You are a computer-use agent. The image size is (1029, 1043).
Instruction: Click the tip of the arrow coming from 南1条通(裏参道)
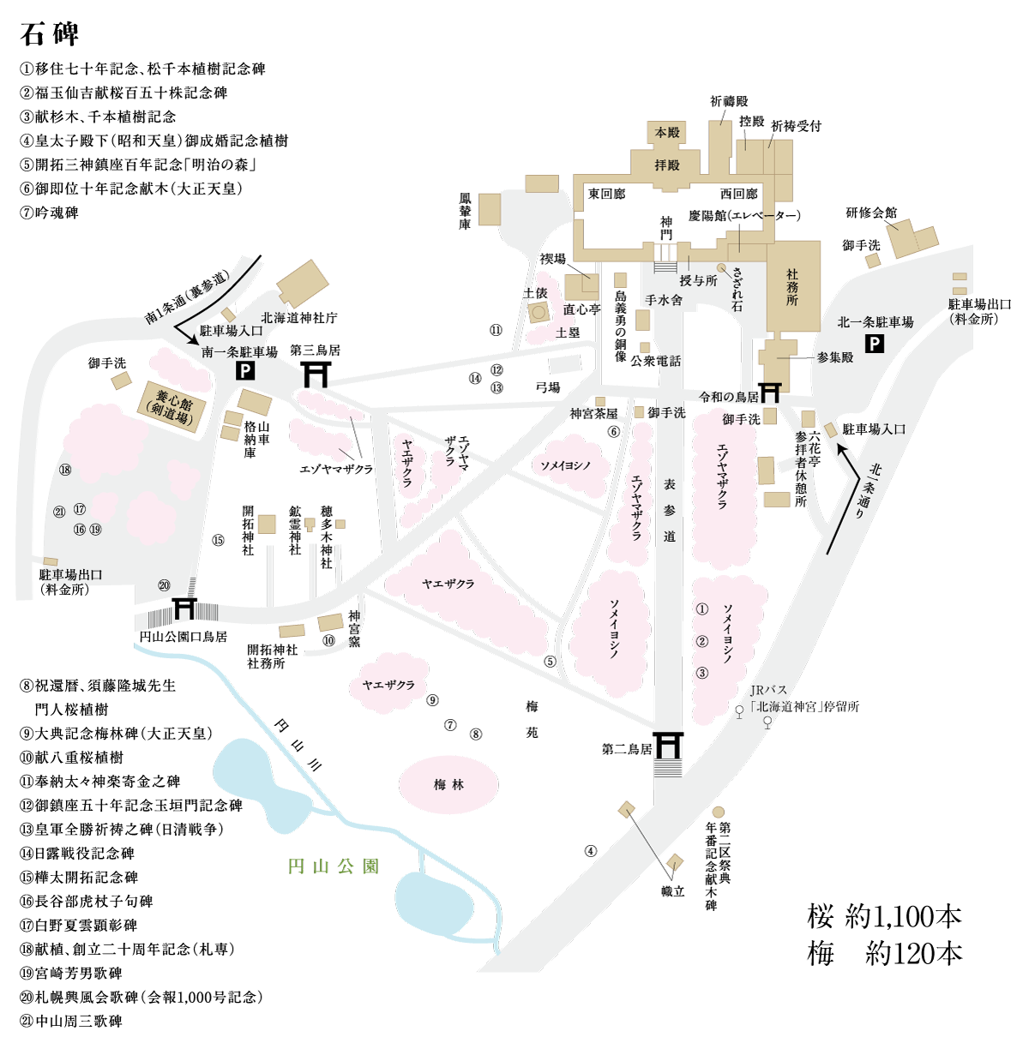[198, 345]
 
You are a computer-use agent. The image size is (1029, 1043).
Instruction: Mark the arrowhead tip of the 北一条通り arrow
[839, 444]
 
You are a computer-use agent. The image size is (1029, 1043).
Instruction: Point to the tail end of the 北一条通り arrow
[827, 554]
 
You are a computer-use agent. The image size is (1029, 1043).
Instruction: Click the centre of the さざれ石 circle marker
[721, 268]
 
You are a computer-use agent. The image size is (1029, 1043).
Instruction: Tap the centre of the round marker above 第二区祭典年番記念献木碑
[718, 812]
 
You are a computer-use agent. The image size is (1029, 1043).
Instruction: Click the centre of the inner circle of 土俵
[539, 312]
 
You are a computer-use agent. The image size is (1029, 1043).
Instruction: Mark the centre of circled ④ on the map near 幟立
[591, 851]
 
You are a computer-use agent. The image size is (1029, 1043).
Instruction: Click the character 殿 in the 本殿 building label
[673, 133]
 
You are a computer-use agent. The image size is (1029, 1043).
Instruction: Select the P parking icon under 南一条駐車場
[244, 371]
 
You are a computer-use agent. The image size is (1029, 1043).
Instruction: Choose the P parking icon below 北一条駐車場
[875, 344]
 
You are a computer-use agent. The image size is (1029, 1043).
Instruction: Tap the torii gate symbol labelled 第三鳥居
[316, 374]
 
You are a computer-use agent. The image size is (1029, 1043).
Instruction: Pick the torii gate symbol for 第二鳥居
[668, 746]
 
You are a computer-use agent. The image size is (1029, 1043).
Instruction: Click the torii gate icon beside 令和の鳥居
[769, 393]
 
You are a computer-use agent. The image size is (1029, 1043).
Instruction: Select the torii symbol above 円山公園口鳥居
[184, 608]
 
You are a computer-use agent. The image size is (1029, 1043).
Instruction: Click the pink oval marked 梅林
[449, 784]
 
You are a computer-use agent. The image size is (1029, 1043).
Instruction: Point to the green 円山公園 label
[333, 866]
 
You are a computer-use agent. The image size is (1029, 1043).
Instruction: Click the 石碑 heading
[49, 34]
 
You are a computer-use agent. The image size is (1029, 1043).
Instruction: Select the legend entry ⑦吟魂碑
[49, 213]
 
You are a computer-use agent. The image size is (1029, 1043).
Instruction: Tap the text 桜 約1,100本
[884, 917]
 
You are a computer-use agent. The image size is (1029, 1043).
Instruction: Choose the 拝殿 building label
[667, 165]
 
